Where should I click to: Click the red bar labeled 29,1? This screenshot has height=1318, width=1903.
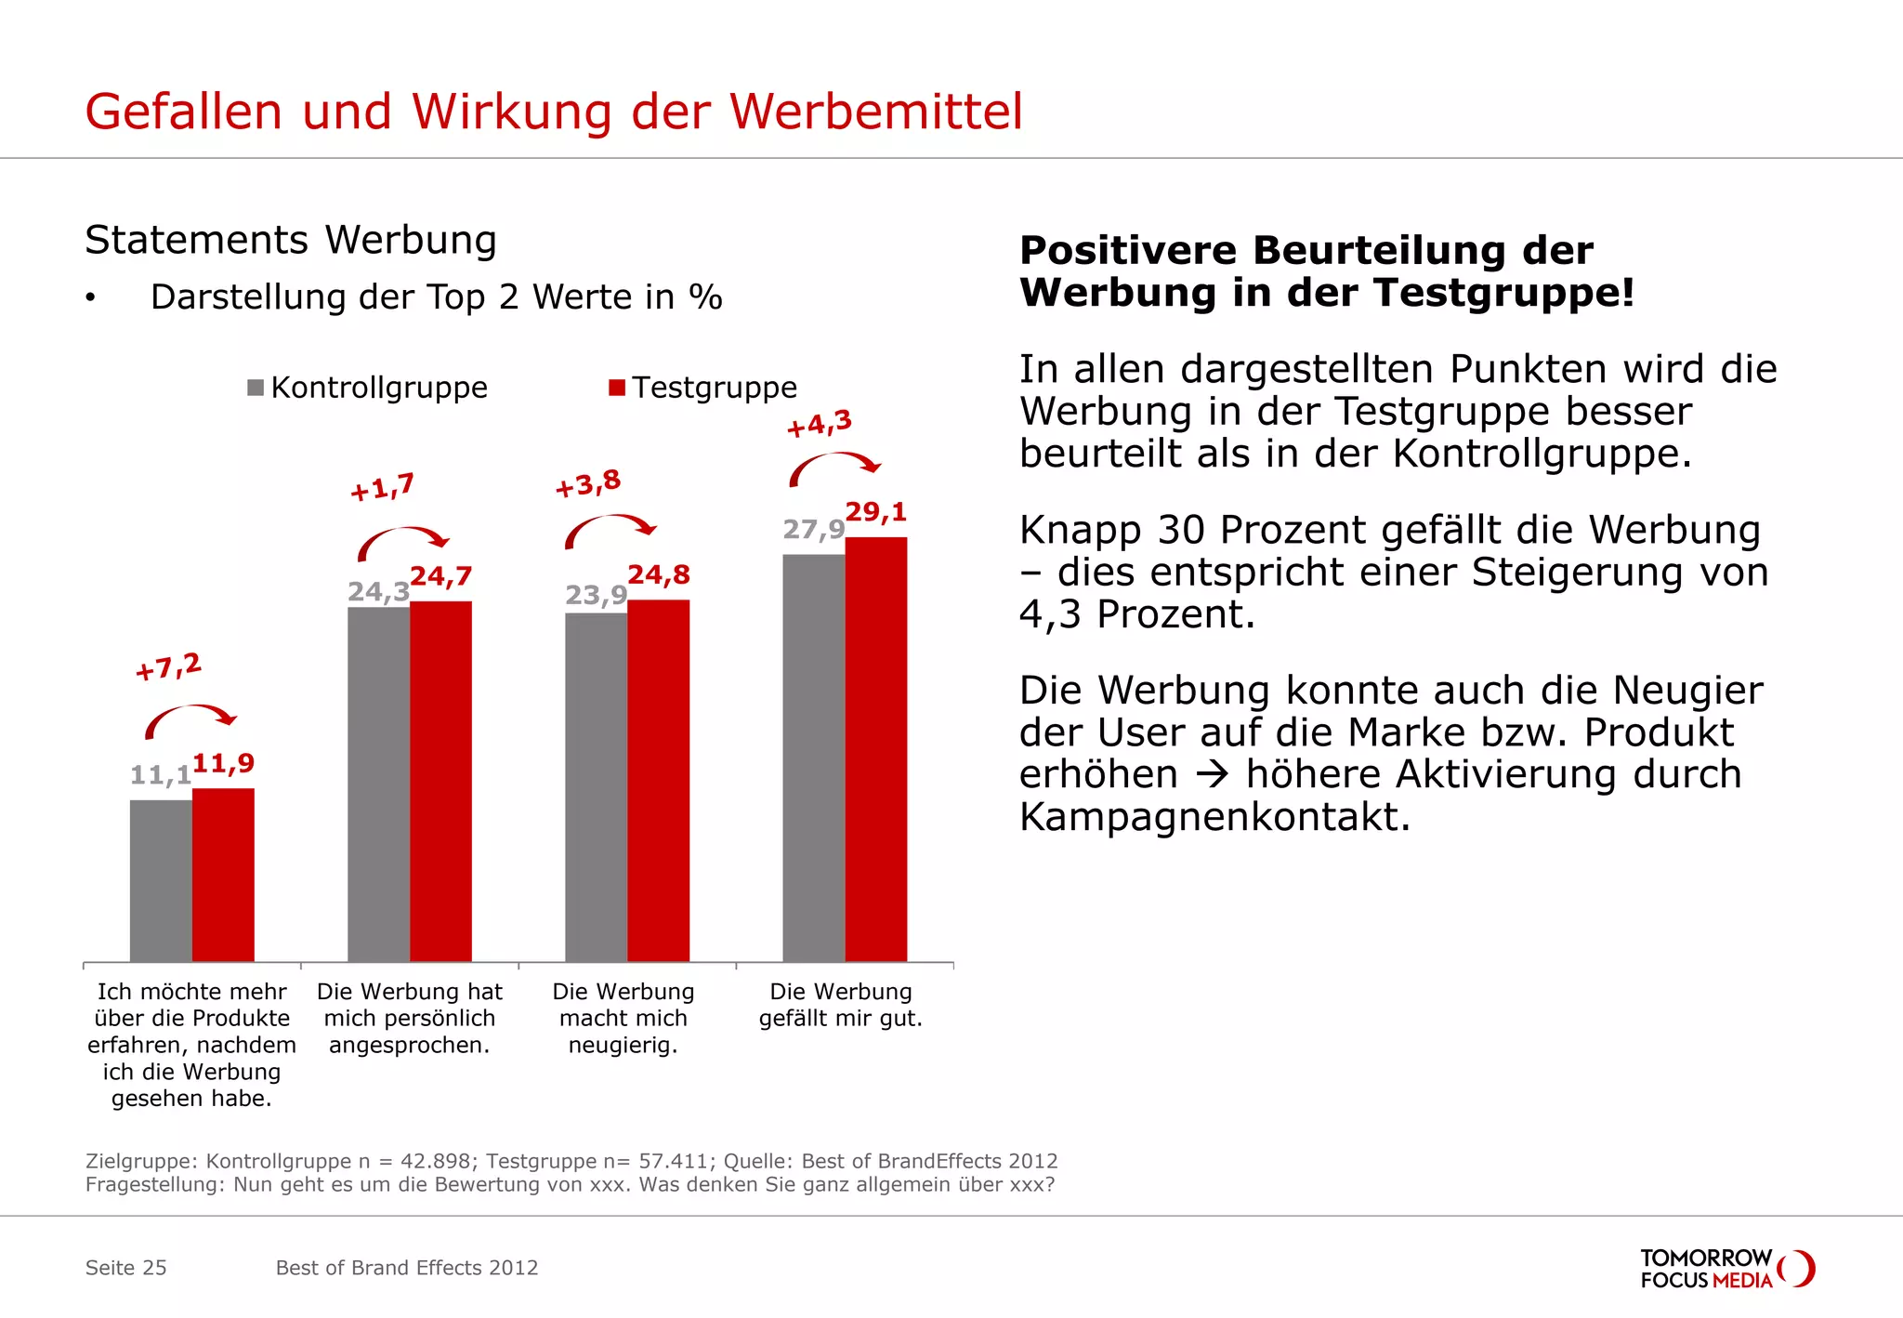point(875,748)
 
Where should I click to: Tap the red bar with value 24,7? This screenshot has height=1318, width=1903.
point(440,781)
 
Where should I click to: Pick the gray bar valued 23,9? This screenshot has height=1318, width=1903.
point(596,786)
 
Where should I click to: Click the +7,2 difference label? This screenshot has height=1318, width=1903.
point(168,666)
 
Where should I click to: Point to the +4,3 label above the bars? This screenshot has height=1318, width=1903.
point(819,424)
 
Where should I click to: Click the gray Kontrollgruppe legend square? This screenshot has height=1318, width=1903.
point(256,388)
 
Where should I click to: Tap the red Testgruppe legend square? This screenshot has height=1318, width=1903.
point(617,388)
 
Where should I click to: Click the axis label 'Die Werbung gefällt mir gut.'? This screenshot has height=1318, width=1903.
point(841,1005)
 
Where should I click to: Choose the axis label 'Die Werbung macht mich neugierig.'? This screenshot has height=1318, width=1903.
point(623,1018)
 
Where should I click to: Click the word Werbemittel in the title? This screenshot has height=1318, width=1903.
point(875,112)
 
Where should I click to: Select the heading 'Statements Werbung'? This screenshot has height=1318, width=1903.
point(291,240)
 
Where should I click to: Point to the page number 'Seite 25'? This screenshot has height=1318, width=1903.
point(125,1268)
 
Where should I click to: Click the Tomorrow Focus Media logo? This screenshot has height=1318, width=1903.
point(1726,1269)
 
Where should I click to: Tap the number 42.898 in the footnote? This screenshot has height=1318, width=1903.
point(435,1161)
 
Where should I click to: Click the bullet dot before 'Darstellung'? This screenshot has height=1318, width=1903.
point(90,298)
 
